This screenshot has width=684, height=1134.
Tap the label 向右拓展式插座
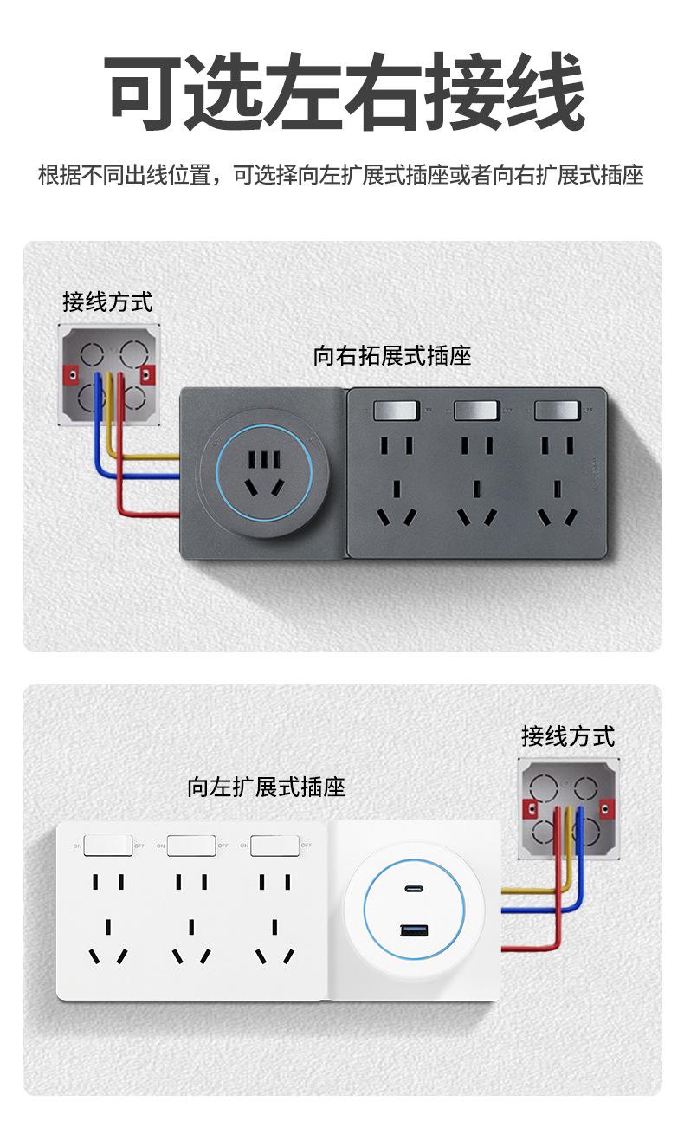[391, 356]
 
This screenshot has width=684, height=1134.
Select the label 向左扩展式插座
[266, 787]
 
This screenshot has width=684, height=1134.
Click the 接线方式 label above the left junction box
[107, 302]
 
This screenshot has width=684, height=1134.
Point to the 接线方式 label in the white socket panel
[568, 736]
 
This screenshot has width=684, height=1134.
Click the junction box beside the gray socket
[109, 374]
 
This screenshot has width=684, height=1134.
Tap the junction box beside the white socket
[569, 809]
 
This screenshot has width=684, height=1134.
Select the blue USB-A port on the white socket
[414, 930]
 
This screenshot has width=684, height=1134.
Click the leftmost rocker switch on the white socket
[108, 845]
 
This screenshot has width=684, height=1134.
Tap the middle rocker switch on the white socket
[191, 845]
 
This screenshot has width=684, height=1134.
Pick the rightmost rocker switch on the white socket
[274, 845]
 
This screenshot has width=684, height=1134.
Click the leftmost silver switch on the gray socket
[396, 409]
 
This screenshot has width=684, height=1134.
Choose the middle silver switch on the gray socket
[476, 409]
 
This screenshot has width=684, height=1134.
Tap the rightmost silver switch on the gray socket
[557, 409]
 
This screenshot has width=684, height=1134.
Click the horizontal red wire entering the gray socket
[152, 515]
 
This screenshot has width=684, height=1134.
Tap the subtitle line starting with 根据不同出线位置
[341, 176]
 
